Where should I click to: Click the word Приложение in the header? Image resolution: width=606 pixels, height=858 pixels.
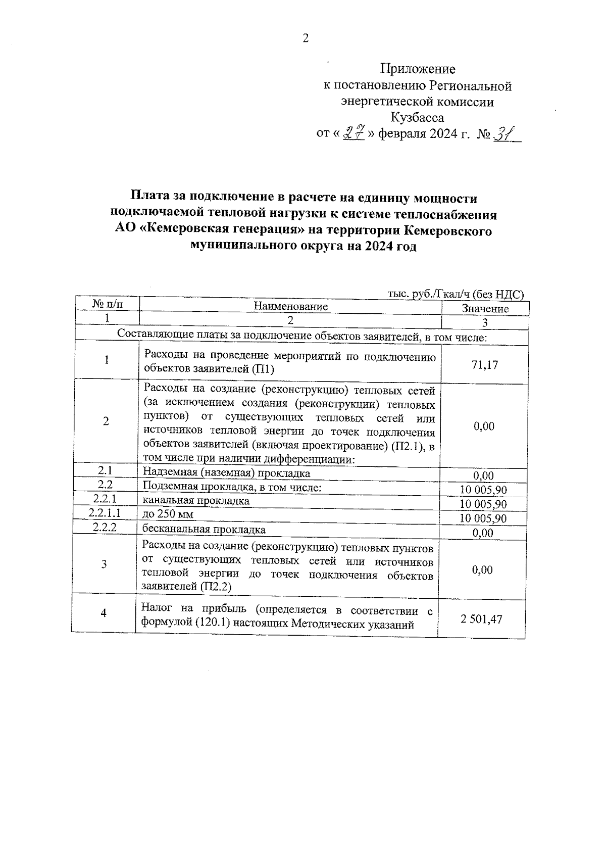coord(418,69)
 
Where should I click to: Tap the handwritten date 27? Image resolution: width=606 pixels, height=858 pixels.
coord(354,133)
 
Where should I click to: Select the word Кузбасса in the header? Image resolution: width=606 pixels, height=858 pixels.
coord(418,118)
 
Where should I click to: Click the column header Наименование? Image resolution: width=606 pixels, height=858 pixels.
coord(290,306)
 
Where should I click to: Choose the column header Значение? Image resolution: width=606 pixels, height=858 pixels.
coord(485,308)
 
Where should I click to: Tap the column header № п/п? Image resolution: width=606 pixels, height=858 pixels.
coord(107,304)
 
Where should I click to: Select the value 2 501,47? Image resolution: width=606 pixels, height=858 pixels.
coord(481,619)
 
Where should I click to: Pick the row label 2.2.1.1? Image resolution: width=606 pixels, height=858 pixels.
coord(105,513)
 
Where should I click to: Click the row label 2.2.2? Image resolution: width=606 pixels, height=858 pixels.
coord(105,527)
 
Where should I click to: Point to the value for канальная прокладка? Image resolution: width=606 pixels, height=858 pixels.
coord(483,504)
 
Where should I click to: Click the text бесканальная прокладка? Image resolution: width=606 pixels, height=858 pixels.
coord(204,529)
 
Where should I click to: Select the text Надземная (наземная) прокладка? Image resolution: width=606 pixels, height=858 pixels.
coord(226,473)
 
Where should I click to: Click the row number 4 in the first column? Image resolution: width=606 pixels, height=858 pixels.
coord(104,613)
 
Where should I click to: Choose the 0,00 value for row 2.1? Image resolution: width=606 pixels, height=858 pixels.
coord(483,475)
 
